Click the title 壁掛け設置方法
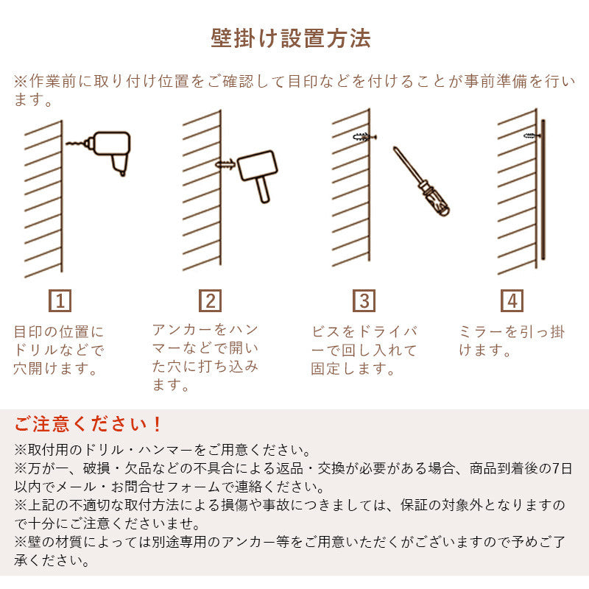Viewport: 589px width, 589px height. (x=291, y=38)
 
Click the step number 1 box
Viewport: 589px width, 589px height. (x=61, y=300)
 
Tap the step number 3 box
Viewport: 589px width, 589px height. (x=364, y=300)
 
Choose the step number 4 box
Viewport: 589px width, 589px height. (x=512, y=300)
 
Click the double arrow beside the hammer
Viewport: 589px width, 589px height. (x=225, y=165)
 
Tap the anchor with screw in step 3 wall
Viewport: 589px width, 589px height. (x=364, y=137)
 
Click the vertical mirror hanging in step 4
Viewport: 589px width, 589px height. (x=543, y=188)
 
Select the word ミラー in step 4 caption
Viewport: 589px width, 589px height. (x=485, y=331)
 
